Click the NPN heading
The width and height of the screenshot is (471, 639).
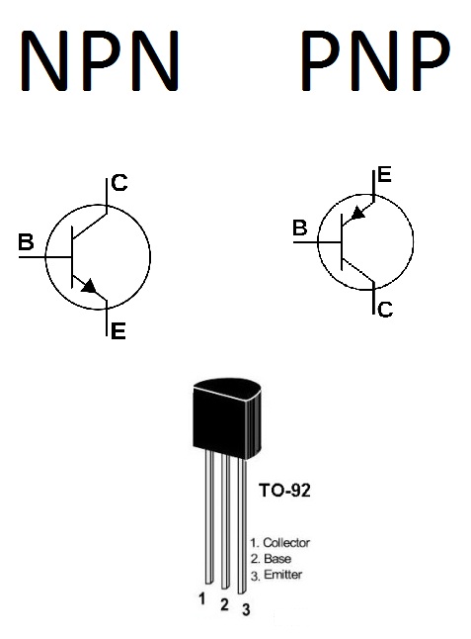(100, 60)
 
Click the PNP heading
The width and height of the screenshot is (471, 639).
(376, 60)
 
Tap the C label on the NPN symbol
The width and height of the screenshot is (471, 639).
(119, 183)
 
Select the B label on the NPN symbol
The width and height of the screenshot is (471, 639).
(26, 241)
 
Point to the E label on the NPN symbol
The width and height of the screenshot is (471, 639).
(118, 331)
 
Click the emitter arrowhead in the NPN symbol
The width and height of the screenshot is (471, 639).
(90, 286)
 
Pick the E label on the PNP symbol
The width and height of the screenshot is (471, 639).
(384, 175)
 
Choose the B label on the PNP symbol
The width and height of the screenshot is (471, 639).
(300, 228)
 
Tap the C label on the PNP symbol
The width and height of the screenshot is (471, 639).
(385, 310)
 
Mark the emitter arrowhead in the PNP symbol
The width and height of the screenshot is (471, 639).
(357, 213)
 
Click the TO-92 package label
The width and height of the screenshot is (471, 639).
(284, 491)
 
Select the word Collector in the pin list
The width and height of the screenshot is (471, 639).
(286, 543)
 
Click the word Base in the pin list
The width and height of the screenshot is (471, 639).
(277, 559)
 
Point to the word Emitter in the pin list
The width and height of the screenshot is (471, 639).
(283, 575)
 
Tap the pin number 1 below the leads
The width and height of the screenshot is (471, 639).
(201, 599)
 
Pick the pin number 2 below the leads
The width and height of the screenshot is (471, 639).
(224, 604)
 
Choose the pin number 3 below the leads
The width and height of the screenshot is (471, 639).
(246, 609)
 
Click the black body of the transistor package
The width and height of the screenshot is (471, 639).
(226, 419)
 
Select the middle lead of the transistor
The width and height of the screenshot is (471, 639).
(225, 521)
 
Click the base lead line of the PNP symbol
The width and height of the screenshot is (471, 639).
(317, 242)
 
